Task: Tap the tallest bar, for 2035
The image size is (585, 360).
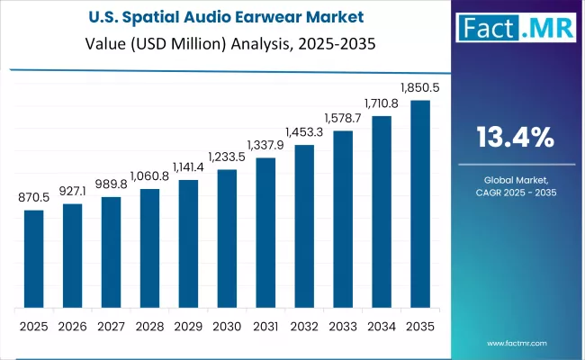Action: [420, 203]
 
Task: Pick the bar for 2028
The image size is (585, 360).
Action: [149, 247]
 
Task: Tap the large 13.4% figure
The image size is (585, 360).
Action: [515, 137]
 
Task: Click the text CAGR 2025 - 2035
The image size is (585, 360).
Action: [515, 193]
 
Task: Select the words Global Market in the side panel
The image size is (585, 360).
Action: [515, 180]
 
